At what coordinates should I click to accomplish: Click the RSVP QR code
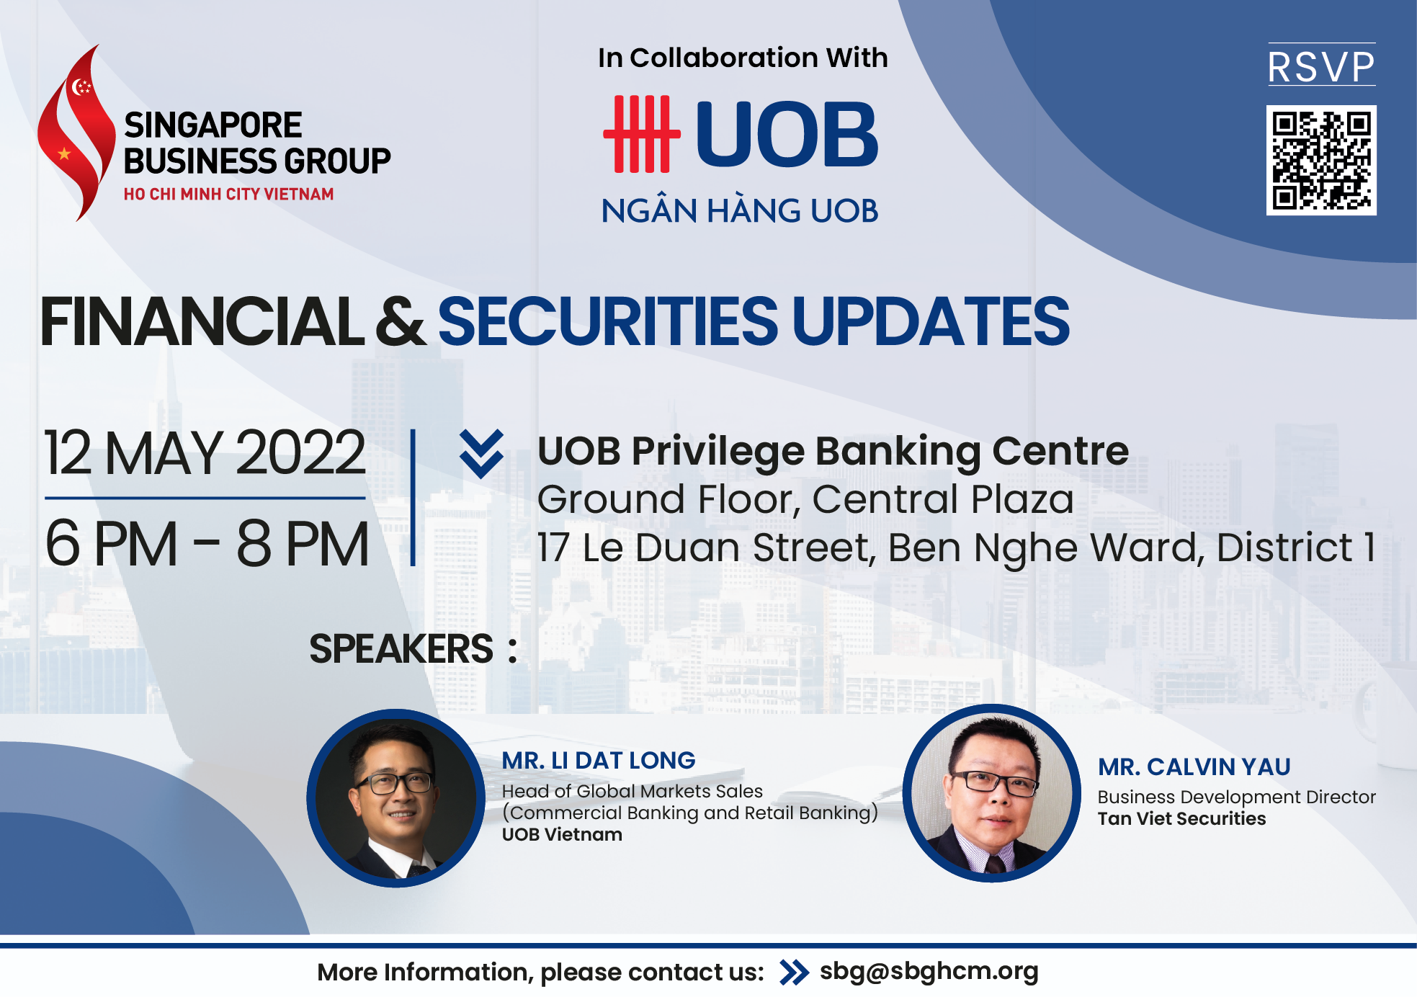1321,160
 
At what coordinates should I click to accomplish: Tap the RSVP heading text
1321,67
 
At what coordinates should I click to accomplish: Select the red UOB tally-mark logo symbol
641,134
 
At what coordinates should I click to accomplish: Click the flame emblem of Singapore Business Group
75,133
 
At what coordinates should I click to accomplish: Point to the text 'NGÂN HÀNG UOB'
740,210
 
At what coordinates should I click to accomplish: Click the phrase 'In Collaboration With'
743,58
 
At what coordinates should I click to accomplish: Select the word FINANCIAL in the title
202,321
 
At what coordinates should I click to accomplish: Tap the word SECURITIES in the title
609,321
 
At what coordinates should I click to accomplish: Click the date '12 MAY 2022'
205,452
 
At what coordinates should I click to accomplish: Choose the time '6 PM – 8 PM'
207,544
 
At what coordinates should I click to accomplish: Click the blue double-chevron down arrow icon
481,454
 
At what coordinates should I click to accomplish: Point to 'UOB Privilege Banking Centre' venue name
833,452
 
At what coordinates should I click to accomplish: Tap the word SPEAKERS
401,648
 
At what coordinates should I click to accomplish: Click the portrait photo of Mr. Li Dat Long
395,797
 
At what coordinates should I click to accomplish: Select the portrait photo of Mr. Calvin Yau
992,793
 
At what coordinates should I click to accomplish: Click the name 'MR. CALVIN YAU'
1194,767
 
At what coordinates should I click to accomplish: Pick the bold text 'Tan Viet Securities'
1181,818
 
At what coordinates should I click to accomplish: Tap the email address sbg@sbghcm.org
929,971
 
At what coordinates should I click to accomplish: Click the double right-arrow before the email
794,973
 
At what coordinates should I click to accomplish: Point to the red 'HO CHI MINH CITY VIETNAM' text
228,195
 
